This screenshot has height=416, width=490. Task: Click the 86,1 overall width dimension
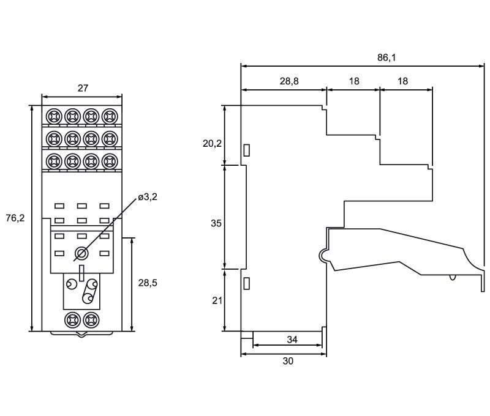[x=386, y=58]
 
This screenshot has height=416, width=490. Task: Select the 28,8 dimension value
[x=289, y=81]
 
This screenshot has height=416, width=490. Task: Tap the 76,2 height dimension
[x=15, y=218]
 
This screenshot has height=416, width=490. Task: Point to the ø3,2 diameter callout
[x=148, y=197]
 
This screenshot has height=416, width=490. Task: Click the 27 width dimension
[x=83, y=88]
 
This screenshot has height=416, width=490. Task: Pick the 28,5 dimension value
[x=148, y=283]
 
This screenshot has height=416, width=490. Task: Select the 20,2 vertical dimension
[x=212, y=144]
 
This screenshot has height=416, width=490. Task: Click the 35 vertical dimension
[x=216, y=223]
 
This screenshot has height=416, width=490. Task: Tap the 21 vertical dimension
[x=217, y=300]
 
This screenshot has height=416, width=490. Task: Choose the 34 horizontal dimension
[x=292, y=340]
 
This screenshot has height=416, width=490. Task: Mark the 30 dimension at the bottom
[x=288, y=361]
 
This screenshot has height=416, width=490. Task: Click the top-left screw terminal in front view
[x=54, y=116]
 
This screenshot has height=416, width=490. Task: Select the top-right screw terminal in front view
[x=110, y=116]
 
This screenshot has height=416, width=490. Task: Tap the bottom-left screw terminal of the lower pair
[x=72, y=320]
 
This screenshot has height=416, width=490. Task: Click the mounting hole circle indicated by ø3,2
[x=81, y=253]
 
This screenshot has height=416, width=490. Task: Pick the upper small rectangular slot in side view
[x=247, y=150]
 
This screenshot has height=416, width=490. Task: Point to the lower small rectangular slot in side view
[x=247, y=283]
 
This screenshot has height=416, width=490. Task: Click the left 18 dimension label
[x=354, y=81]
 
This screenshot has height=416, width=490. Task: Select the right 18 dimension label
[x=403, y=81]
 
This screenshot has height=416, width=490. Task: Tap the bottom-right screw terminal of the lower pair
[x=91, y=320]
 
